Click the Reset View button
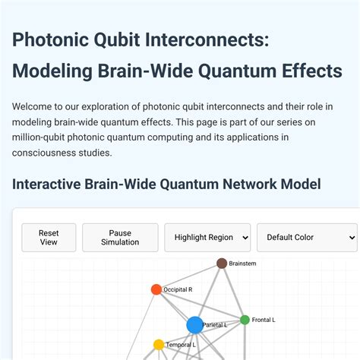49,237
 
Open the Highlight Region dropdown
207,237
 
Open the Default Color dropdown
307,237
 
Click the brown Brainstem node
222,264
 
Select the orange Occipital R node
156,289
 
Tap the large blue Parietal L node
194,325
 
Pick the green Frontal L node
245,320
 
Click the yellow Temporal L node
159,345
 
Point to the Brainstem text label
242,264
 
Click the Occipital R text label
178,289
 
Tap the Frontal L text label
263,320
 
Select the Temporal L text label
181,345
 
